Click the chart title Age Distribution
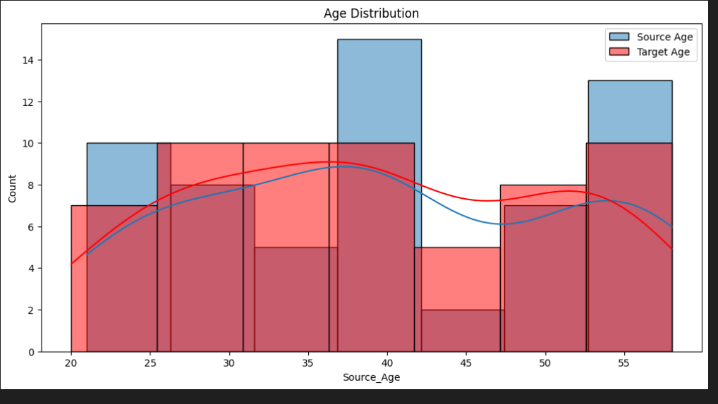coord(371,13)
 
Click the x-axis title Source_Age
coord(371,377)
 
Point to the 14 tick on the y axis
coord(29,61)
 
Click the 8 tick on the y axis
coord(32,185)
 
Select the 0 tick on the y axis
coord(32,352)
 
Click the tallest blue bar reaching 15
coord(379,92)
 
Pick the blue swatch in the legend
coord(618,37)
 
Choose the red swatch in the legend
coord(618,51)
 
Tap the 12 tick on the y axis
coord(29,102)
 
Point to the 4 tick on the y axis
coord(32,269)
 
